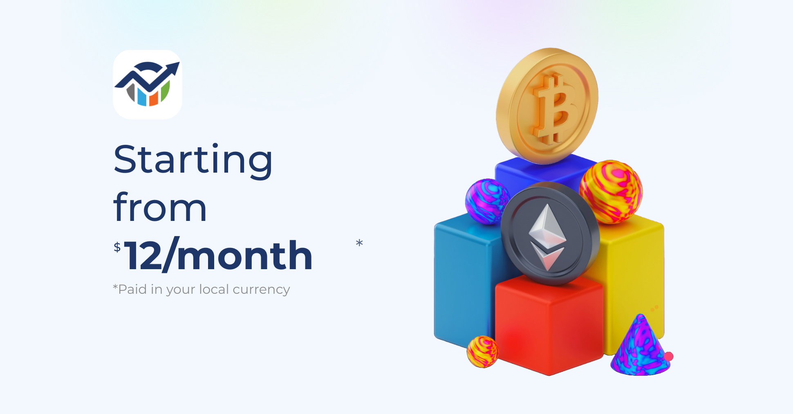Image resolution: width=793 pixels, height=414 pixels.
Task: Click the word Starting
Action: pos(193,160)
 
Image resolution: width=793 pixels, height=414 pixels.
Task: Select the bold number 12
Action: pos(143,256)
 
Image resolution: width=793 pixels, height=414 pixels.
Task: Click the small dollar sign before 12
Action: pos(117,247)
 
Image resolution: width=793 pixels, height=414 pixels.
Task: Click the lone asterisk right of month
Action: pos(359,243)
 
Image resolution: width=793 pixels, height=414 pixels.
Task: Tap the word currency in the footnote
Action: pos(261,290)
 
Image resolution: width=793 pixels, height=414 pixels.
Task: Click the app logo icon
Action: pos(148,85)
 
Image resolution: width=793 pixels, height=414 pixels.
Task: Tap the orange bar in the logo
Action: pos(154,98)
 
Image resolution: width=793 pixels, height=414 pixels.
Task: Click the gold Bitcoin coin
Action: pos(547,106)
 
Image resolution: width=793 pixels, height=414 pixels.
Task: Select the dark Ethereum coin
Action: pos(550,234)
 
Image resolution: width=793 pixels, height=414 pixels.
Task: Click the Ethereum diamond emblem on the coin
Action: pos(547,237)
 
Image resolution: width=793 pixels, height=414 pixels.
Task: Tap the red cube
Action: pos(549,325)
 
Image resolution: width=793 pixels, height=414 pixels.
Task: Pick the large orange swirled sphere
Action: pos(611,192)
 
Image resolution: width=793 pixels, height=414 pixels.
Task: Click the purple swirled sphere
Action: pos(487,201)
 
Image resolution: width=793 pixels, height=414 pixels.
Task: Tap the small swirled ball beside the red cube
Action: pos(483,351)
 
